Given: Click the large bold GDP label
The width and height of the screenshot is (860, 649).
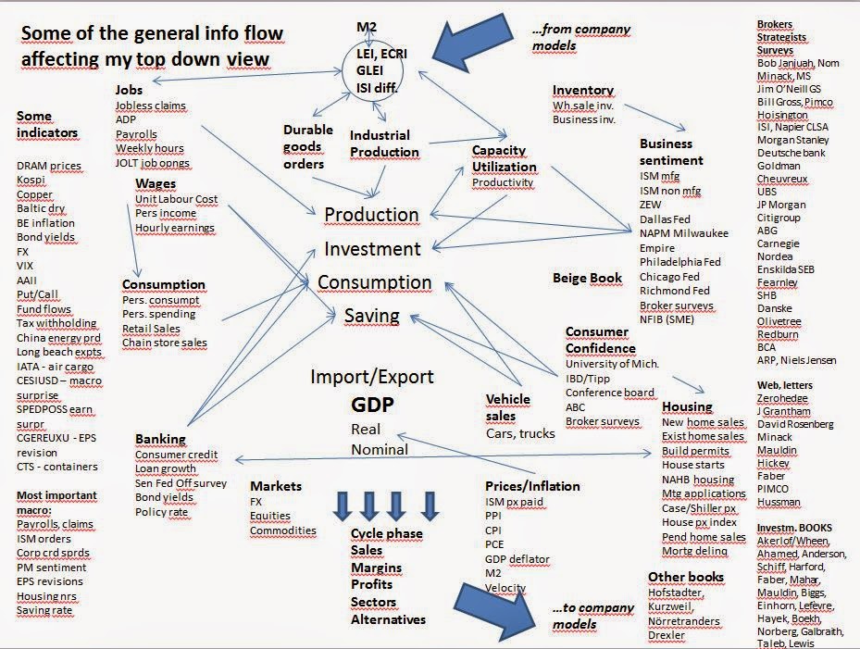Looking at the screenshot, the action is pos(372,406).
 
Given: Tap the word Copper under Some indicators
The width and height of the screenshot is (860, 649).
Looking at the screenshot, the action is pos(35,195).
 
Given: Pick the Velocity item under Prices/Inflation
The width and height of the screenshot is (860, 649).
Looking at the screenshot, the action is pos(505,589).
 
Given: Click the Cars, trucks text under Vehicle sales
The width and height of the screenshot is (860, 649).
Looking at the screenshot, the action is pos(520,433).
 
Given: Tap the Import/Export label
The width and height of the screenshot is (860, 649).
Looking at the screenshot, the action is pos(371,378).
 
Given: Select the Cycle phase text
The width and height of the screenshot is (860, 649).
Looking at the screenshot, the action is pos(386,534).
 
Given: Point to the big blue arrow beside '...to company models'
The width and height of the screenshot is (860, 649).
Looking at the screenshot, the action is pos(499,616).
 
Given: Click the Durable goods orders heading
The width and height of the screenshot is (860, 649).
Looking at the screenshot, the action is pos(304,146).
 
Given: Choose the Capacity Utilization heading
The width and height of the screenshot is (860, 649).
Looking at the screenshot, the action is pos(504,158).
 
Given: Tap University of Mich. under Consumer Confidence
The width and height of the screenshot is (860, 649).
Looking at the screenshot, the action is pos(612,364).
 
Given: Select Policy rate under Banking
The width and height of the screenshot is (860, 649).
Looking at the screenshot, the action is pos(162,512).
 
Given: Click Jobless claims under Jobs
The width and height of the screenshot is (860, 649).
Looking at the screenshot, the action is pos(152,106).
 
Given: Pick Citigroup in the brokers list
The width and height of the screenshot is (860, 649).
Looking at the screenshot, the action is pos(779,218).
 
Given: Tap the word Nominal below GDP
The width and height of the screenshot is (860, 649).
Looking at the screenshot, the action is pos(380,450).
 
